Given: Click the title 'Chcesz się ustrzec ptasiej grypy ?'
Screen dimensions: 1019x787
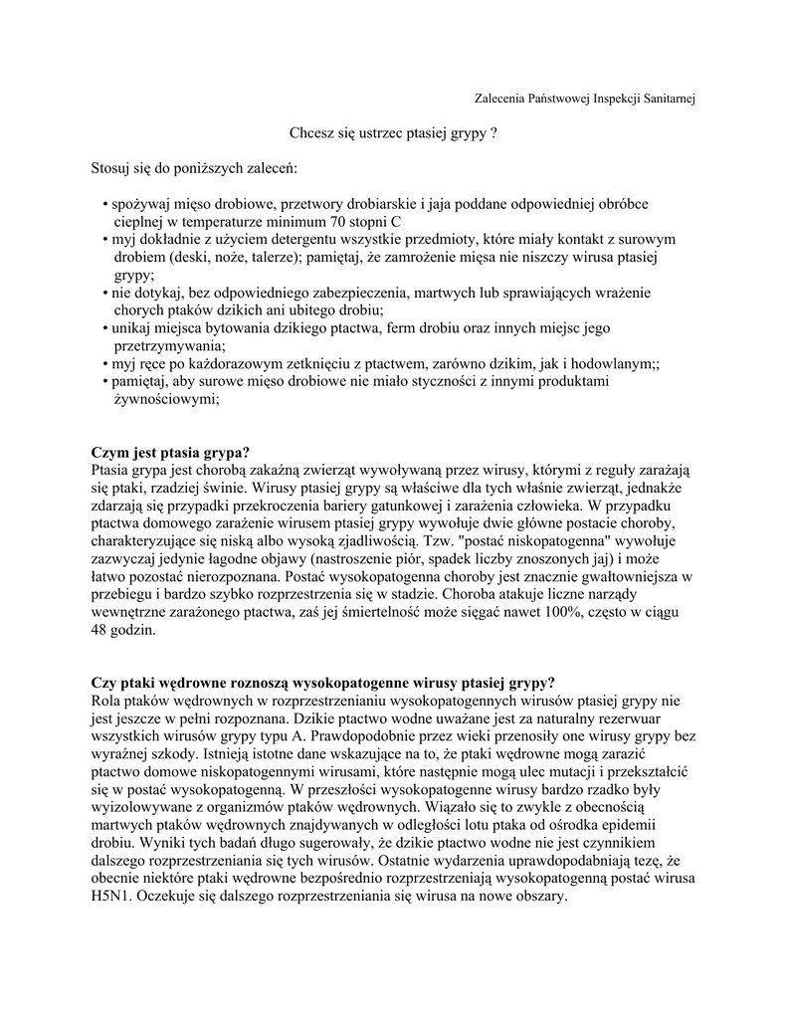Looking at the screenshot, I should click(x=393, y=132).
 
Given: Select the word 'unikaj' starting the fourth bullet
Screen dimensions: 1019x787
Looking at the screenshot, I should click(x=130, y=328).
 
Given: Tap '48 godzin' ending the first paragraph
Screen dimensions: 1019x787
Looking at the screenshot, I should click(x=123, y=631).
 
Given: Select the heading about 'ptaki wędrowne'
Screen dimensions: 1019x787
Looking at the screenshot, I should click(x=323, y=683).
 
